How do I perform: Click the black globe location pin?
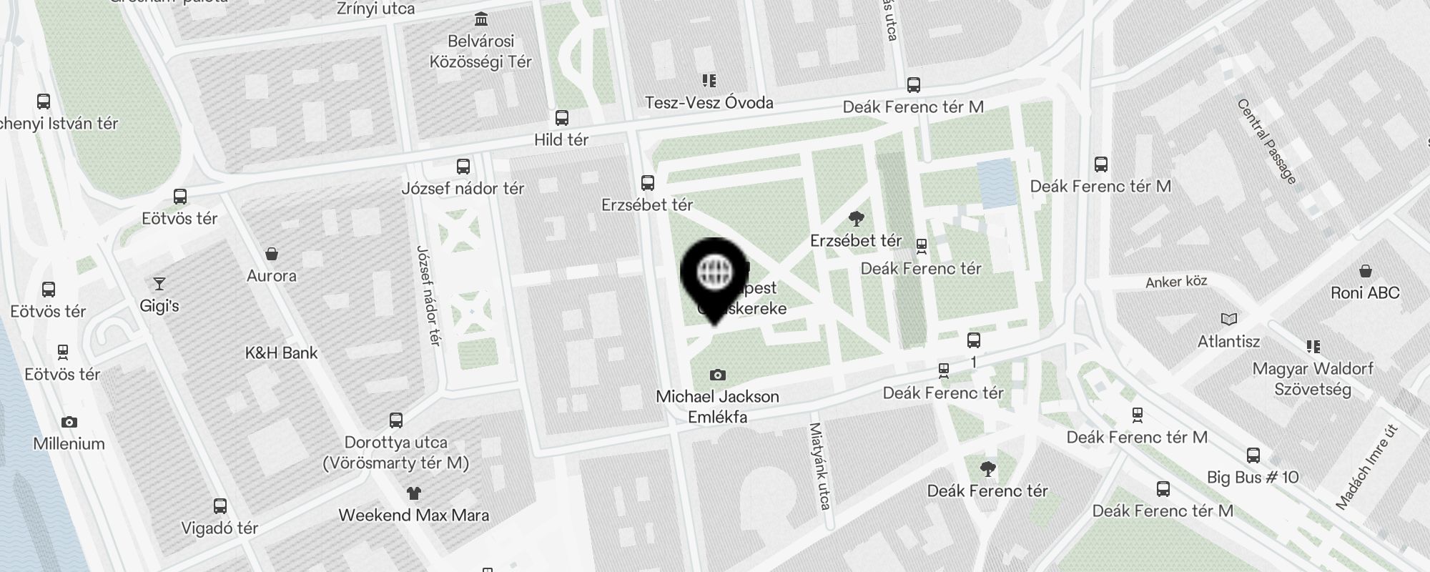click(x=714, y=276)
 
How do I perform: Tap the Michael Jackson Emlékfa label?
click(x=717, y=406)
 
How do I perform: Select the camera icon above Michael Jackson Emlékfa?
click(x=717, y=375)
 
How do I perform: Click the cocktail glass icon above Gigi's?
click(x=159, y=284)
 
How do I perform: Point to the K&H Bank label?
click(x=281, y=352)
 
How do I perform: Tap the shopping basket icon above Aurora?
click(x=272, y=254)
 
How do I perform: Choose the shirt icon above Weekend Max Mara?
click(x=413, y=493)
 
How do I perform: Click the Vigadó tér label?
click(x=220, y=528)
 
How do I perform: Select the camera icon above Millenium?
click(x=69, y=422)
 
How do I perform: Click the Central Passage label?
click(x=1266, y=142)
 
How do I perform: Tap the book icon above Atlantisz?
click(x=1228, y=319)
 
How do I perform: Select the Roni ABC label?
click(x=1365, y=292)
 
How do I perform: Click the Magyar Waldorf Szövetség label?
click(x=1313, y=379)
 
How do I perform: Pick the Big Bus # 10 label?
click(x=1253, y=477)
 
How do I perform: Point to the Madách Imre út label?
click(x=1367, y=467)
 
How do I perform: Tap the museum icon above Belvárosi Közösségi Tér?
click(x=481, y=19)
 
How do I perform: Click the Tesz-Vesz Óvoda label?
click(x=709, y=102)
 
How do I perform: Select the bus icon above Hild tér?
click(x=561, y=118)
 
